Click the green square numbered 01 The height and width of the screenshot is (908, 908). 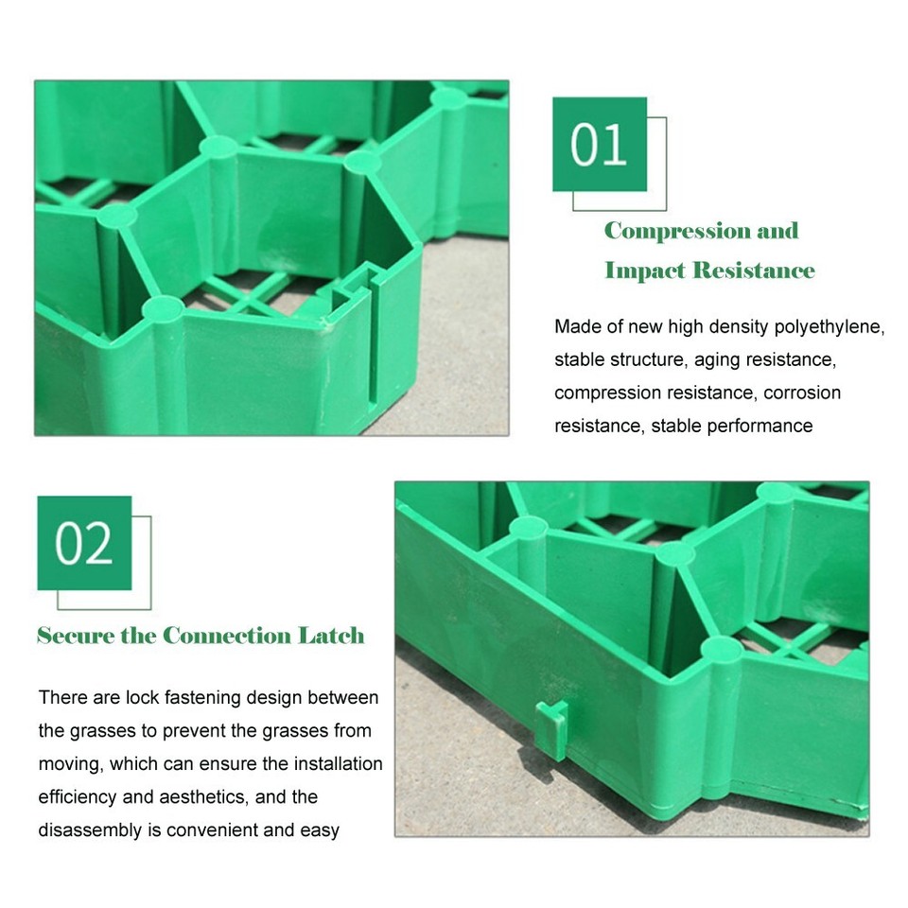tap(600, 145)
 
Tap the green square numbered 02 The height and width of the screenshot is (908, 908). tap(84, 543)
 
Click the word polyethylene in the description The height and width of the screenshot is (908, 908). tap(829, 327)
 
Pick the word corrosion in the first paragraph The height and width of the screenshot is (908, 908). tap(803, 393)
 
